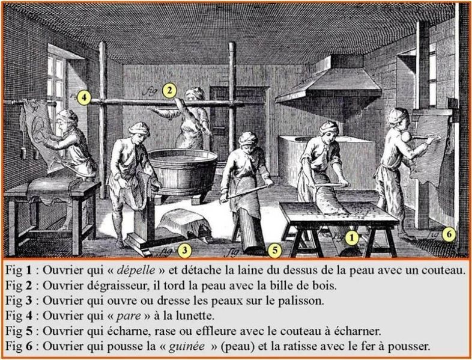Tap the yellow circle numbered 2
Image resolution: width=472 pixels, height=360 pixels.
coord(169,90)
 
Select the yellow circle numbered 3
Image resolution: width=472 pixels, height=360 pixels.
coord(184,251)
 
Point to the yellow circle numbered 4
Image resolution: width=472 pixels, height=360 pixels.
coord(83,98)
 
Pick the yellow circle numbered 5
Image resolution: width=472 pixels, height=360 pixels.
coord(275,251)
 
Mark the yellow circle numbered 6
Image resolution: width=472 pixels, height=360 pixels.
coord(449,234)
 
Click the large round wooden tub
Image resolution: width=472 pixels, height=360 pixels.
coord(183,172)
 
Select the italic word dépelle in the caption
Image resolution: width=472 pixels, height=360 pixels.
coord(136,270)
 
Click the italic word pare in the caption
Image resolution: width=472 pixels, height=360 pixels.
coord(129,316)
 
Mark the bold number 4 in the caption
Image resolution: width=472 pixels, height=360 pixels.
coord(29,316)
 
